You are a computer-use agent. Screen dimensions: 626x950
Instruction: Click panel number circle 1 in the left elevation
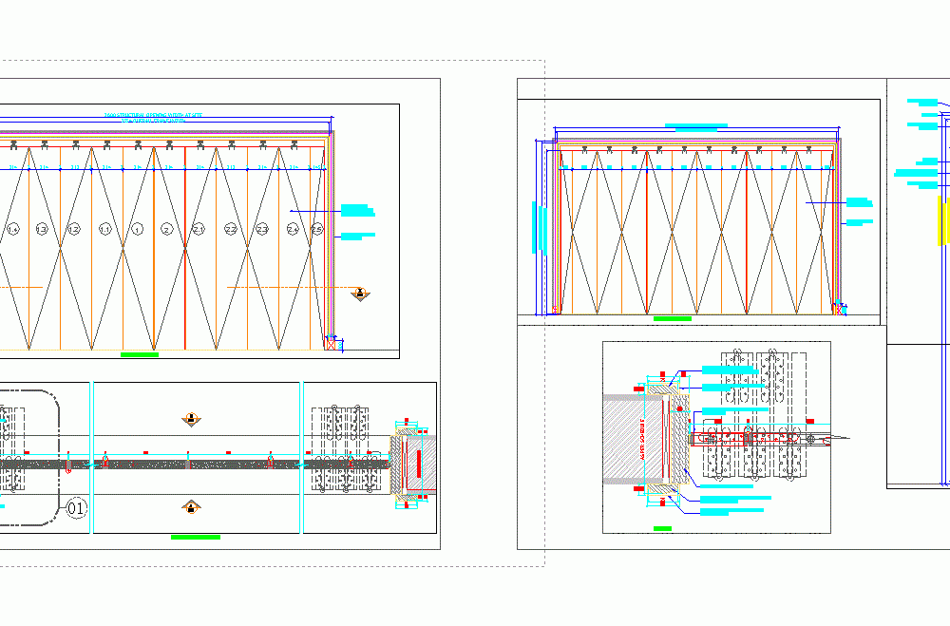click(137, 229)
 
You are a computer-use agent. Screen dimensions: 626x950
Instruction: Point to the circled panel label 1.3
click(42, 229)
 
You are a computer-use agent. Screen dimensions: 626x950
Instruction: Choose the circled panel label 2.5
click(317, 229)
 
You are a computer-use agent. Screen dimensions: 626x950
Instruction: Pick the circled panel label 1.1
click(105, 229)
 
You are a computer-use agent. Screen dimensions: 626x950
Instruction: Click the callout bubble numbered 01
click(78, 509)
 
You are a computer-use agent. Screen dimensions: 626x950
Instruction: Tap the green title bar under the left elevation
click(140, 354)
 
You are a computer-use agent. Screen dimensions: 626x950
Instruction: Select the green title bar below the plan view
click(195, 537)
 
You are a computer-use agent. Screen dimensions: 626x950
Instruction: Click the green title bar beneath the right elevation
click(672, 319)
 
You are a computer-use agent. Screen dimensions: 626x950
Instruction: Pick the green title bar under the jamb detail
click(662, 527)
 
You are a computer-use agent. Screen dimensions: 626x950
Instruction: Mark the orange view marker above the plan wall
click(192, 419)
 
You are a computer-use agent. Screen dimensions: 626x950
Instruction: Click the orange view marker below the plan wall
click(192, 507)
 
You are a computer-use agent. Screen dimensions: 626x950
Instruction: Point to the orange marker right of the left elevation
click(360, 294)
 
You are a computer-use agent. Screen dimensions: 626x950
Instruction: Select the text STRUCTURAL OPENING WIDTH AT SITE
click(153, 115)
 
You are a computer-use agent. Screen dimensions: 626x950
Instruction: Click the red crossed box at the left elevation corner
click(331, 343)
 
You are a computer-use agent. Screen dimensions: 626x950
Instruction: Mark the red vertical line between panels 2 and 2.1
click(184, 247)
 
